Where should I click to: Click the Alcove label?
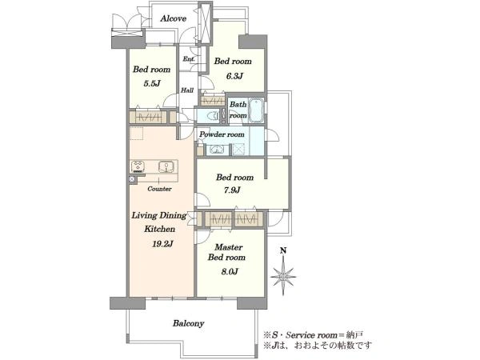click(x=174, y=18)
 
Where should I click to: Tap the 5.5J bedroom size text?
click(x=152, y=83)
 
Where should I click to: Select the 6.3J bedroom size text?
click(x=234, y=76)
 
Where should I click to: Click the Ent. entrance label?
click(x=189, y=58)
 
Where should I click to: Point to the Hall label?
click(x=187, y=90)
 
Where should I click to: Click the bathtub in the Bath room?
click(x=256, y=110)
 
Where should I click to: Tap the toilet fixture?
click(x=213, y=116)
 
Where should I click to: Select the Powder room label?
click(x=222, y=134)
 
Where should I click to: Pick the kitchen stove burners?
click(x=138, y=167)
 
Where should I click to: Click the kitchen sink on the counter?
click(x=166, y=167)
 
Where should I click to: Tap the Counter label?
click(x=159, y=189)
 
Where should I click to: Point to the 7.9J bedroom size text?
click(x=232, y=190)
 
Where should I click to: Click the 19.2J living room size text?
click(x=163, y=244)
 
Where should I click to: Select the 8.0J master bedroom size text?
click(x=230, y=271)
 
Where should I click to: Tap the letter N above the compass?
click(x=283, y=251)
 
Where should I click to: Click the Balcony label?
click(x=188, y=323)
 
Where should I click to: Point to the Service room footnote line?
click(x=314, y=335)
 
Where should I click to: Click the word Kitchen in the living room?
click(x=159, y=229)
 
